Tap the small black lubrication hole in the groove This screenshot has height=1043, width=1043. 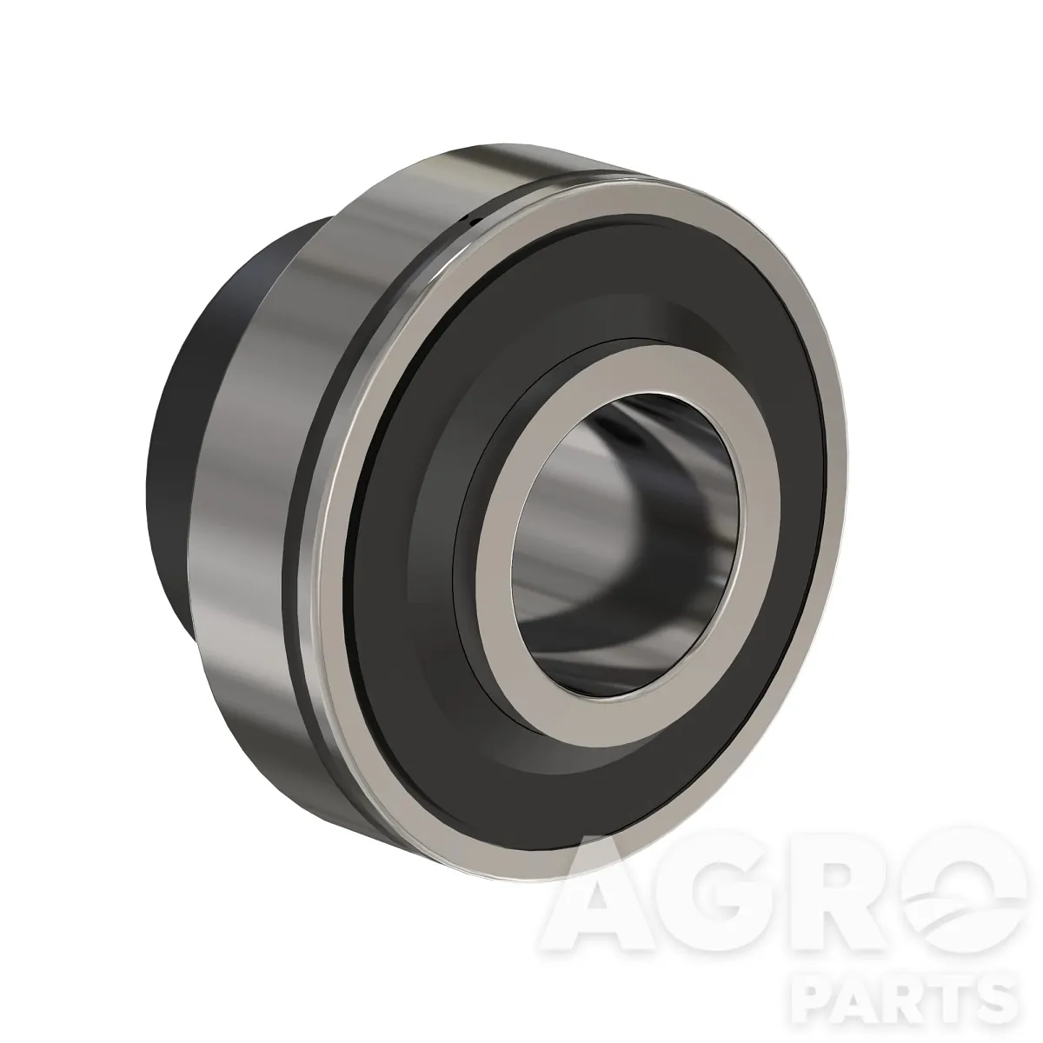pos(474,220)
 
